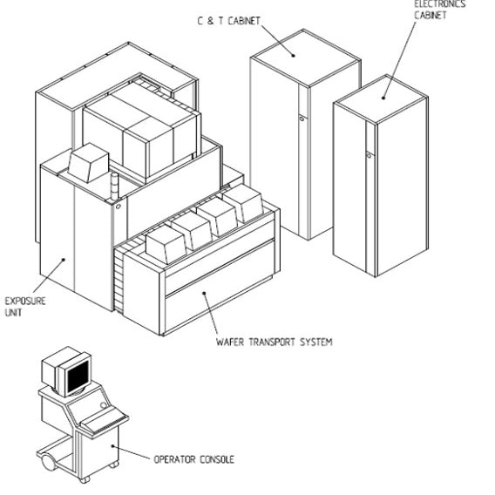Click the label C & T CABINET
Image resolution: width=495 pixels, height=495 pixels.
(229, 21)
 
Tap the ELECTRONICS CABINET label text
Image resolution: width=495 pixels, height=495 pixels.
(440, 10)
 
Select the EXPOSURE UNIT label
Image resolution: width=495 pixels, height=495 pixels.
(25, 307)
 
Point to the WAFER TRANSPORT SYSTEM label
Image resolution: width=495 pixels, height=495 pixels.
(275, 342)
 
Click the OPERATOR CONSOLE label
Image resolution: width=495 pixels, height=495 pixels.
(194, 459)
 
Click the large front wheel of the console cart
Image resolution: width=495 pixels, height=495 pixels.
(48, 463)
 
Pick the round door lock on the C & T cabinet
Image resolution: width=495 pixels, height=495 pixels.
(302, 119)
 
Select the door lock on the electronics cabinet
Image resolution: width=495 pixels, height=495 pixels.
(369, 155)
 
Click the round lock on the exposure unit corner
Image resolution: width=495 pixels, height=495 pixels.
(118, 207)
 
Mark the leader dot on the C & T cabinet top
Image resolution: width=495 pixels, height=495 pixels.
(294, 56)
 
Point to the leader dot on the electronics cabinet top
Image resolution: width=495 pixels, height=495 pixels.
(383, 98)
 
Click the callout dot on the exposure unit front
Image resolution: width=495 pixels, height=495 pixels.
(63, 260)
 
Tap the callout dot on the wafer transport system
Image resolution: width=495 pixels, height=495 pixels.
(204, 294)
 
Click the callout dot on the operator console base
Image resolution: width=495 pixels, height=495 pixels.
(112, 446)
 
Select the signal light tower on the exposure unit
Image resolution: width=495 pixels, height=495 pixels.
(114, 186)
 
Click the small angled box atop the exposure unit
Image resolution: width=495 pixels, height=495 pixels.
(88, 163)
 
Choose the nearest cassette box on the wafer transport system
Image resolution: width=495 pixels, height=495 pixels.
(166, 245)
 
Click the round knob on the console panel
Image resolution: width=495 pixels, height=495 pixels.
(103, 405)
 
